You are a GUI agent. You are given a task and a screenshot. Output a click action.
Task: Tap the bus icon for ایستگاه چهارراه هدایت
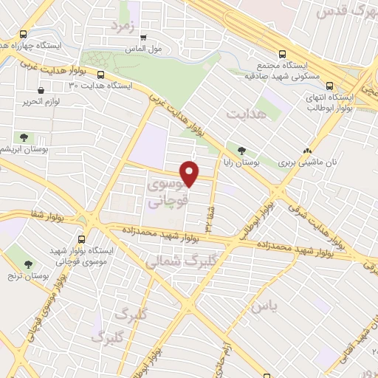tap(24, 34)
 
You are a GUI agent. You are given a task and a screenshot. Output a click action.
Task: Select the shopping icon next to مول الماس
tap(143, 37)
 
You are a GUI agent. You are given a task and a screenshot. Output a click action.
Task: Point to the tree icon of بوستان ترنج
tap(29, 264)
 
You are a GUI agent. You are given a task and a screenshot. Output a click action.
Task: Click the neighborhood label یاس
tap(263, 304)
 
